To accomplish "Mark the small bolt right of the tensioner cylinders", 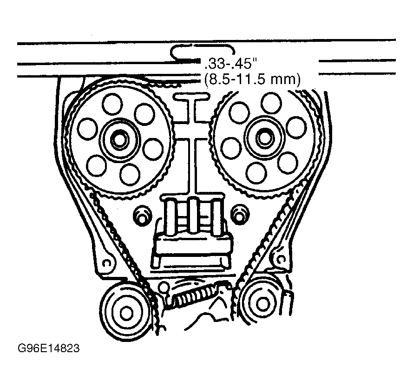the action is [240, 215].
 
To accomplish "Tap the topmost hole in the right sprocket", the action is [270, 102].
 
